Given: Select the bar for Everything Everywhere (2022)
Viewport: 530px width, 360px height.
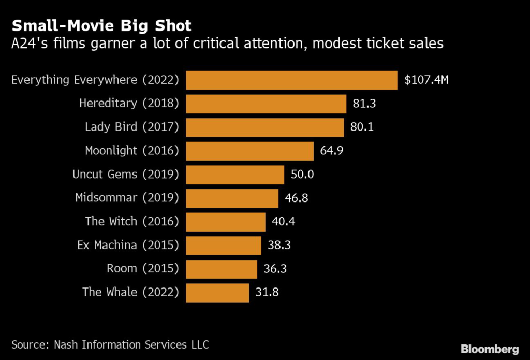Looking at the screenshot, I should (291, 80).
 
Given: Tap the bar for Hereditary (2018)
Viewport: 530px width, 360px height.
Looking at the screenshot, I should (266, 104).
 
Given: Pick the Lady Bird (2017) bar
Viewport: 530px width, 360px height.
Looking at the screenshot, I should (264, 127).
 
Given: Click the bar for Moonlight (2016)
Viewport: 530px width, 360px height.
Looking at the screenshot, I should (249, 151).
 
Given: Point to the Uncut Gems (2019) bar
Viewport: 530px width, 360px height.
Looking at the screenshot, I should (235, 175).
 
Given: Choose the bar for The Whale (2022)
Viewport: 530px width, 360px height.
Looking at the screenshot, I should (217, 292).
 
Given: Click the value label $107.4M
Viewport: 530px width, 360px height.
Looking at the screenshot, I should (426, 80).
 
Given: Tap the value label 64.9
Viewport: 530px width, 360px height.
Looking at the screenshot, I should (332, 151).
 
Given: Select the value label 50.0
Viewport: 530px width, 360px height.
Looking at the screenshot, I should (302, 175).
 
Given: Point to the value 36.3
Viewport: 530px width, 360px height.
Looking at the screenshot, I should (275, 269).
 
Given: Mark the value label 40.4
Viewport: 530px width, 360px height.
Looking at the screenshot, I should (283, 222).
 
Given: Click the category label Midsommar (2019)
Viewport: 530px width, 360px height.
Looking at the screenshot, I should (127, 198).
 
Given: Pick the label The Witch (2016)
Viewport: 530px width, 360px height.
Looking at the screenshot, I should (132, 222).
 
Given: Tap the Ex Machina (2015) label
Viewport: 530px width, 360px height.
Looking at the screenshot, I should (128, 245).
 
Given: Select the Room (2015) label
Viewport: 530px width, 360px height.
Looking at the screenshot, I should (143, 269).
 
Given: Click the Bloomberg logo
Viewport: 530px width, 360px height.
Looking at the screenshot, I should (490, 349).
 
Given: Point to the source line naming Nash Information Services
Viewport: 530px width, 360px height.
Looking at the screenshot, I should (110, 344).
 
